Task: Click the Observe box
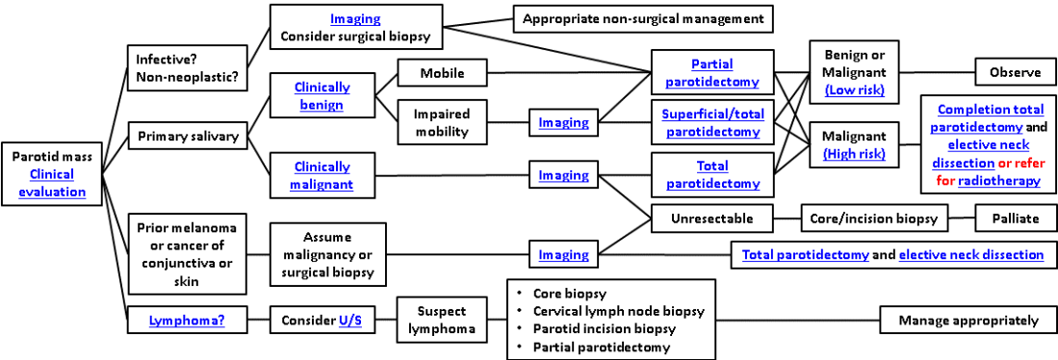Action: [x=1016, y=72]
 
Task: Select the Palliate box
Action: [x=1016, y=219]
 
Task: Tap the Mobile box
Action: [x=442, y=73]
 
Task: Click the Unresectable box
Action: [x=711, y=219]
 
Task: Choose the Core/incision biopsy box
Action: [x=874, y=219]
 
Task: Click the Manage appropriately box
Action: [x=968, y=321]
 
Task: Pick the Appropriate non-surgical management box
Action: [x=642, y=19]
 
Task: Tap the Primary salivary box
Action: [x=188, y=137]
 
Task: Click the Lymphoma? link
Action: [x=188, y=321]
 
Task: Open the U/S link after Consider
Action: [x=349, y=321]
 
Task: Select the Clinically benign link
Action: [x=323, y=95]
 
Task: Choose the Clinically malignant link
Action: [x=323, y=174]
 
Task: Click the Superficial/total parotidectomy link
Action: [x=712, y=122]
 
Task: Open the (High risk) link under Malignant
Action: [x=855, y=155]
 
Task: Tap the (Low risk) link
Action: [x=855, y=90]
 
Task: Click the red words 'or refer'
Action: [x=1019, y=163]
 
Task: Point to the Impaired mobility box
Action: [x=442, y=122]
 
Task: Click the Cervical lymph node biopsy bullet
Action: [x=619, y=312]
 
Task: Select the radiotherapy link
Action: [x=999, y=181]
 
